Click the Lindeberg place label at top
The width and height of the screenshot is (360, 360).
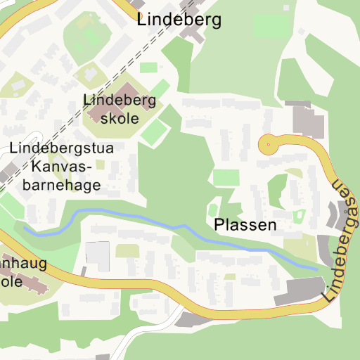179,20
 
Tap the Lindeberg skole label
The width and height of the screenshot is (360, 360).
120,108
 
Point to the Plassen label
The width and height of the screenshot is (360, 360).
245,226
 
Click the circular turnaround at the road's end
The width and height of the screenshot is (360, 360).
268,146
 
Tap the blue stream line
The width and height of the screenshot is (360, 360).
141,219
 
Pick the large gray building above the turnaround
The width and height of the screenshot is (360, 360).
307,120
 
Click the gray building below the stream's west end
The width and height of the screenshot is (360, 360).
98,255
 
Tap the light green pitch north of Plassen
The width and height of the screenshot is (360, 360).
226,177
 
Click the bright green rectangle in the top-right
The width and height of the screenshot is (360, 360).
271,27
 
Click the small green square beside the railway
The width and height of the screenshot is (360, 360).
149,67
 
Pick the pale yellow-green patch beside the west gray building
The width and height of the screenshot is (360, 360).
127,250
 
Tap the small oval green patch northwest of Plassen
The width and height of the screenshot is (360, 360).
212,210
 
